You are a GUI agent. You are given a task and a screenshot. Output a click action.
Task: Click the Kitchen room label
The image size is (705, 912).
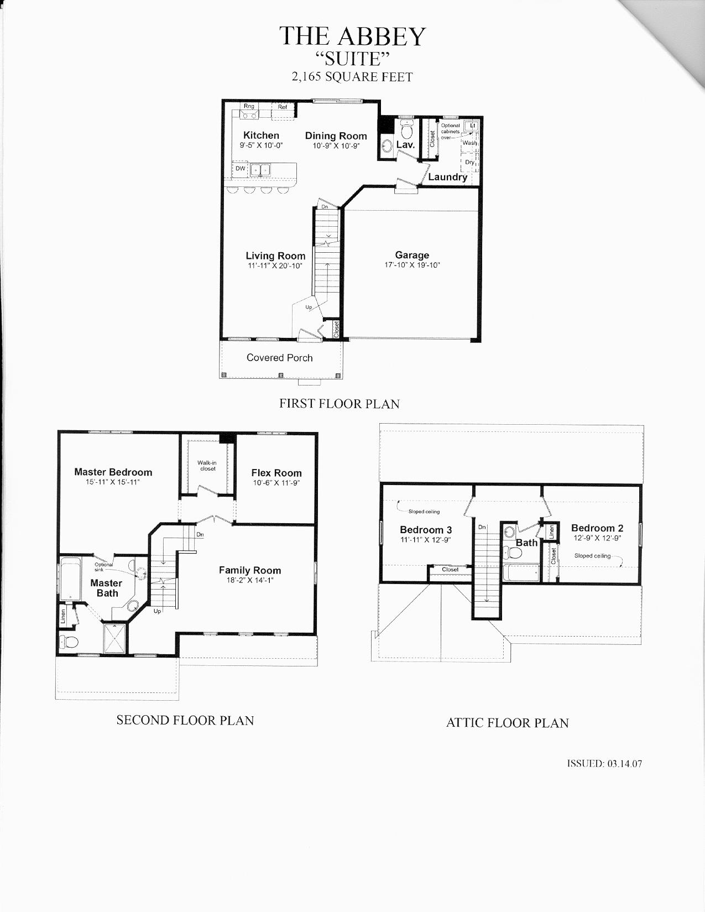pyautogui.click(x=261, y=135)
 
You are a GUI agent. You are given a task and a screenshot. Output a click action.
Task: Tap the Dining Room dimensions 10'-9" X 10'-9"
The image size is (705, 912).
pyautogui.click(x=336, y=145)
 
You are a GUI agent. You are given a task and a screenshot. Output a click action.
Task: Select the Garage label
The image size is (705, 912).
pyautogui.click(x=412, y=255)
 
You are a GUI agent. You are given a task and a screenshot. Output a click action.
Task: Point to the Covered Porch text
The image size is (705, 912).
pyautogui.click(x=279, y=358)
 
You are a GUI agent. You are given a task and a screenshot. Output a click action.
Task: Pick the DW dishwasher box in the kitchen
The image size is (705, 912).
pyautogui.click(x=240, y=169)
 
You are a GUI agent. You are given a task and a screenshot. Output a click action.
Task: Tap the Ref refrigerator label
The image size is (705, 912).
pyautogui.click(x=282, y=107)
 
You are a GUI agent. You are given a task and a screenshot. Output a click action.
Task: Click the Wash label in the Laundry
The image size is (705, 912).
pyautogui.click(x=469, y=143)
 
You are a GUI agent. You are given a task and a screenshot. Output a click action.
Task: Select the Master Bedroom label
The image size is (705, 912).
pyautogui.click(x=113, y=472)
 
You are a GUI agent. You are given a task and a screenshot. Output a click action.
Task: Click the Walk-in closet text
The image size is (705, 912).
pyautogui.click(x=207, y=466)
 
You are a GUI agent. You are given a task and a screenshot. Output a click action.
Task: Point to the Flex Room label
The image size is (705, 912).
pyautogui.click(x=276, y=473)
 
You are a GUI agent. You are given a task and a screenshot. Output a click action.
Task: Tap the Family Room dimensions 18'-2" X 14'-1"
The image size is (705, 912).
pyautogui.click(x=250, y=581)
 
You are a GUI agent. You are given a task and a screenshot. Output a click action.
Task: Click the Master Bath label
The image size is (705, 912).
pyautogui.click(x=107, y=588)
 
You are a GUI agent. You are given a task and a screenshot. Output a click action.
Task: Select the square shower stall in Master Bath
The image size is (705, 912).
pyautogui.click(x=114, y=638)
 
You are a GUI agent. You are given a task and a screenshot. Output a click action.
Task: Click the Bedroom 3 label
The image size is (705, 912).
pyautogui.click(x=426, y=530)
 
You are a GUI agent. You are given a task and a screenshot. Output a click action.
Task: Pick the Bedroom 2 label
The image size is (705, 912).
pyautogui.click(x=597, y=528)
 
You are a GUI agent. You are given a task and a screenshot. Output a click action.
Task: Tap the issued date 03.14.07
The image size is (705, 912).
pyautogui.click(x=624, y=763)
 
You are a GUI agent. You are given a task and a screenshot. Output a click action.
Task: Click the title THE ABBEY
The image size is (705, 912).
pyautogui.click(x=352, y=36)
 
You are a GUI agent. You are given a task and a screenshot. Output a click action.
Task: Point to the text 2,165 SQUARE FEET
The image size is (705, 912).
pyautogui.click(x=352, y=77)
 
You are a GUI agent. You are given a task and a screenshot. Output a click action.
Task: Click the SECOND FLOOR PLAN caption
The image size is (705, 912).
pyautogui.click(x=185, y=720)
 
